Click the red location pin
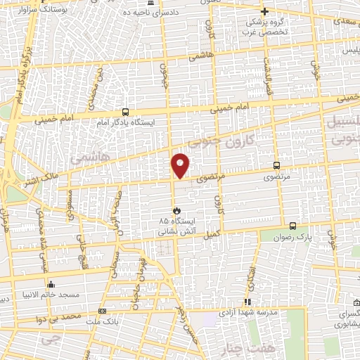[181, 165]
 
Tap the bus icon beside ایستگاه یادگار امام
[125, 111]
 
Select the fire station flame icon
[177, 210]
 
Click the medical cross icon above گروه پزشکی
[264, 12]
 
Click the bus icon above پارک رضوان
[292, 226]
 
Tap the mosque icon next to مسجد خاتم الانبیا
[51, 285]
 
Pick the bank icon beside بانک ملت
[103, 310]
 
